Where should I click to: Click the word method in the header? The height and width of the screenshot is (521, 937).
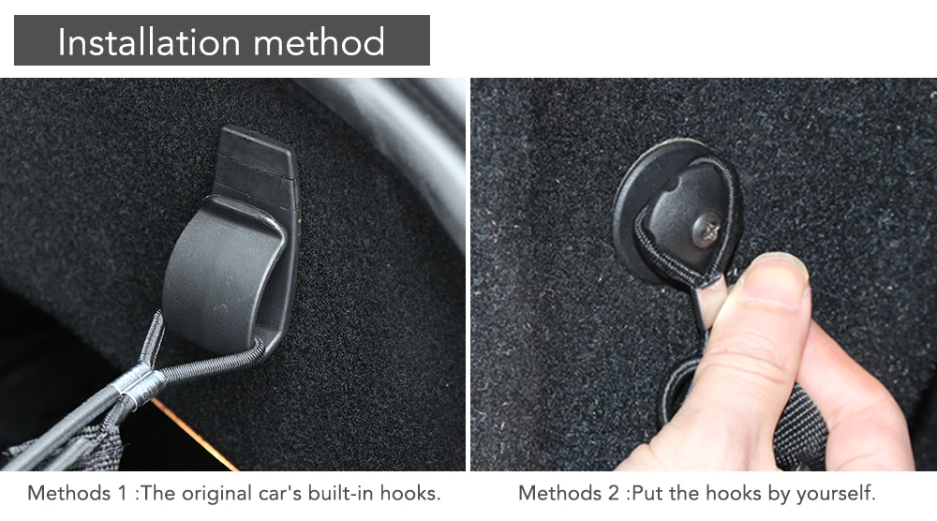pos(320,42)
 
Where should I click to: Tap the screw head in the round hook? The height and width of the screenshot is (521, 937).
pos(706,229)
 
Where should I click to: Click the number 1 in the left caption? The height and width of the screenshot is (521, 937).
pos(123,493)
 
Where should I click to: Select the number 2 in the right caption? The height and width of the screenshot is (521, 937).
pos(614,493)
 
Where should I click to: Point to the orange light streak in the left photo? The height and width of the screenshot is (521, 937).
pos(194,435)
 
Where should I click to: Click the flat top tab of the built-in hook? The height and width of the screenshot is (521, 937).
pos(257,152)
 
